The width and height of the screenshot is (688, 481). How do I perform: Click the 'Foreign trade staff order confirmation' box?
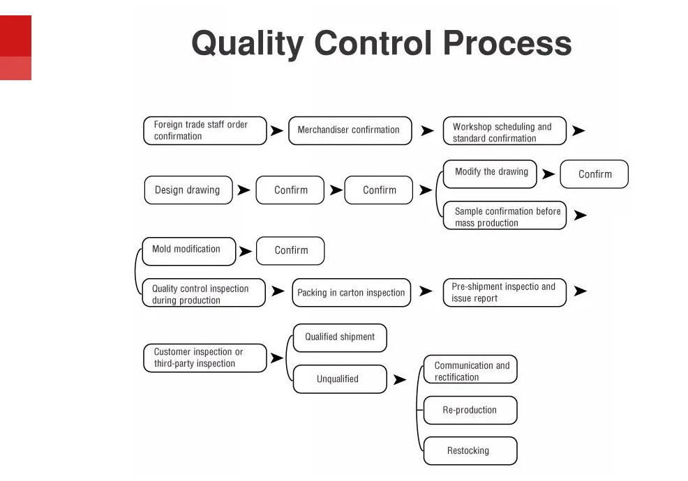pyautogui.click(x=205, y=130)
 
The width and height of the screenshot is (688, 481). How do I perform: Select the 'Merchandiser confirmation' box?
pyautogui.click(x=350, y=130)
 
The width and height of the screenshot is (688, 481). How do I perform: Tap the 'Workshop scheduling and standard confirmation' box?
pyautogui.click(x=504, y=131)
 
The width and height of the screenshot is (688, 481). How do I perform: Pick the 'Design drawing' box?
pyautogui.click(x=188, y=190)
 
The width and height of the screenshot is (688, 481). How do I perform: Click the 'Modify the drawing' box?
pyautogui.click(x=491, y=173)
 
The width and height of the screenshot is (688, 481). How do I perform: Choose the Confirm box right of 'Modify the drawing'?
pyautogui.click(x=594, y=174)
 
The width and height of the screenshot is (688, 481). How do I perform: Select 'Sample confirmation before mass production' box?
pyautogui.click(x=504, y=216)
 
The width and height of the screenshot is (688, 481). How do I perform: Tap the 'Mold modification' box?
pyautogui.click(x=188, y=250)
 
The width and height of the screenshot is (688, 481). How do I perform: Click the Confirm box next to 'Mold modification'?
pyautogui.click(x=290, y=251)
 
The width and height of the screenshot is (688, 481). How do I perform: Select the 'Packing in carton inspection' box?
pyautogui.click(x=351, y=293)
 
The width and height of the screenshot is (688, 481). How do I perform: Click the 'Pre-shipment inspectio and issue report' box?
pyautogui.click(x=504, y=292)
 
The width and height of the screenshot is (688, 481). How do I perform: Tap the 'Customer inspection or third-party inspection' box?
pyautogui.click(x=204, y=358)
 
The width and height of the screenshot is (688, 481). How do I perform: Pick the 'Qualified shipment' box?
pyautogui.click(x=340, y=337)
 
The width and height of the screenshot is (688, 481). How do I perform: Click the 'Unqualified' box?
pyautogui.click(x=340, y=379)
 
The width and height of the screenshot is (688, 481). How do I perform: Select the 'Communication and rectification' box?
pyautogui.click(x=471, y=370)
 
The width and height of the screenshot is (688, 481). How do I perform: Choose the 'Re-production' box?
pyautogui.click(x=470, y=411)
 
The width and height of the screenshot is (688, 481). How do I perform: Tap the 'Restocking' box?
pyautogui.click(x=470, y=451)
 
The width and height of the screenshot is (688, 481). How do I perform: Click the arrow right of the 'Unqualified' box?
pyautogui.click(x=399, y=380)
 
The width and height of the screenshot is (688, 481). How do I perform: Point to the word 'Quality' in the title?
pyautogui.click(x=247, y=43)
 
